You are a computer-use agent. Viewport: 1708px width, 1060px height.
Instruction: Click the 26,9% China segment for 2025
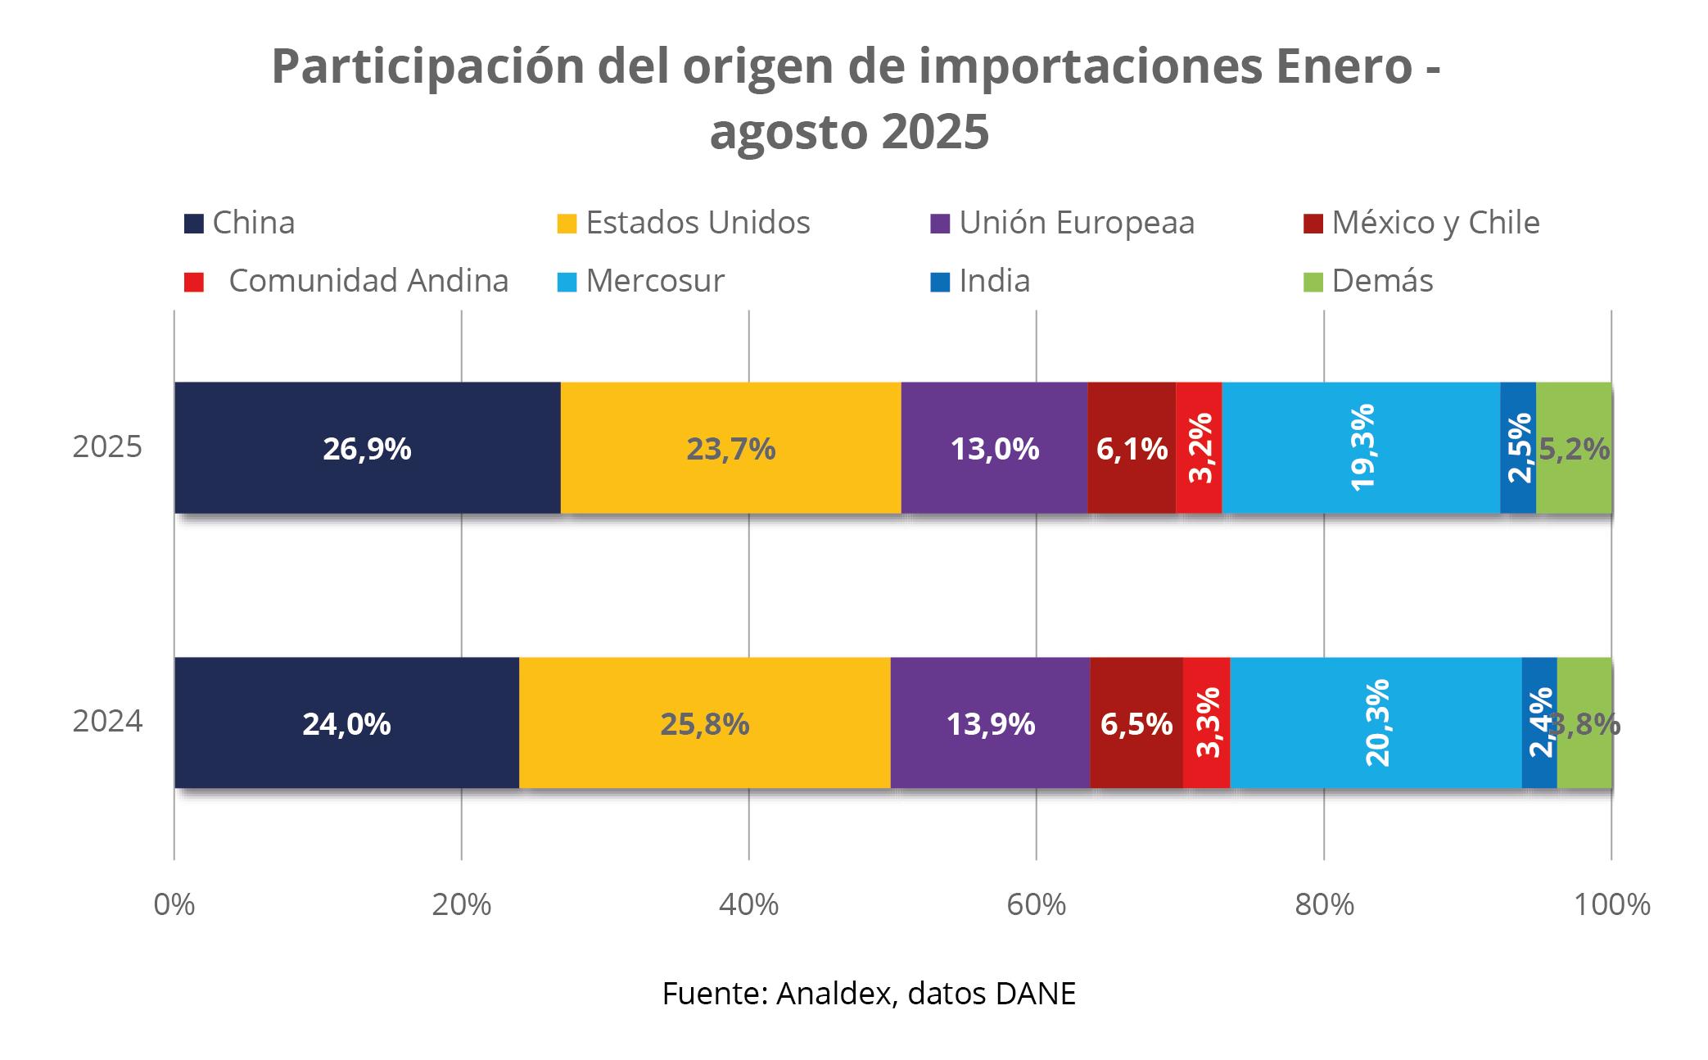click(367, 448)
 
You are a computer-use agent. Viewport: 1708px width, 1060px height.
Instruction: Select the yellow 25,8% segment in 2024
click(704, 723)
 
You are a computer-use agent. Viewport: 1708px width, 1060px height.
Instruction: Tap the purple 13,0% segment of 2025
click(994, 448)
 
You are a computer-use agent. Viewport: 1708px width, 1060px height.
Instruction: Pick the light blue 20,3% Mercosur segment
click(1376, 723)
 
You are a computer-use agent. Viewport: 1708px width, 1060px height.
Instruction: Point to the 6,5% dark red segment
click(1136, 723)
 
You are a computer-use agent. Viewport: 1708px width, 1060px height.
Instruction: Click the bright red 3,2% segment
click(1199, 448)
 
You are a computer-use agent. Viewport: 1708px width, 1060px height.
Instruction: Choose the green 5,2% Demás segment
click(1574, 448)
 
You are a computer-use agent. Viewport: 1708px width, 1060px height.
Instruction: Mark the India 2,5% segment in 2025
click(1518, 448)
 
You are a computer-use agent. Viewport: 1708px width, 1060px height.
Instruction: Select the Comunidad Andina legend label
click(368, 281)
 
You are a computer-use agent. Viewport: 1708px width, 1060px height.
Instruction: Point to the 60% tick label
click(1036, 904)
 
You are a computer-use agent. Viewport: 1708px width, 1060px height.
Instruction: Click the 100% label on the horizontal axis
click(1611, 904)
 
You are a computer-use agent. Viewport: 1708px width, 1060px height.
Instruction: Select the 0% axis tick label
click(174, 904)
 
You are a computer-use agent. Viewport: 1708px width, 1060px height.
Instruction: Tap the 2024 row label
click(107, 722)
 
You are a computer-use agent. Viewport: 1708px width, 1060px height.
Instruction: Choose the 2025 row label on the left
click(107, 447)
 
